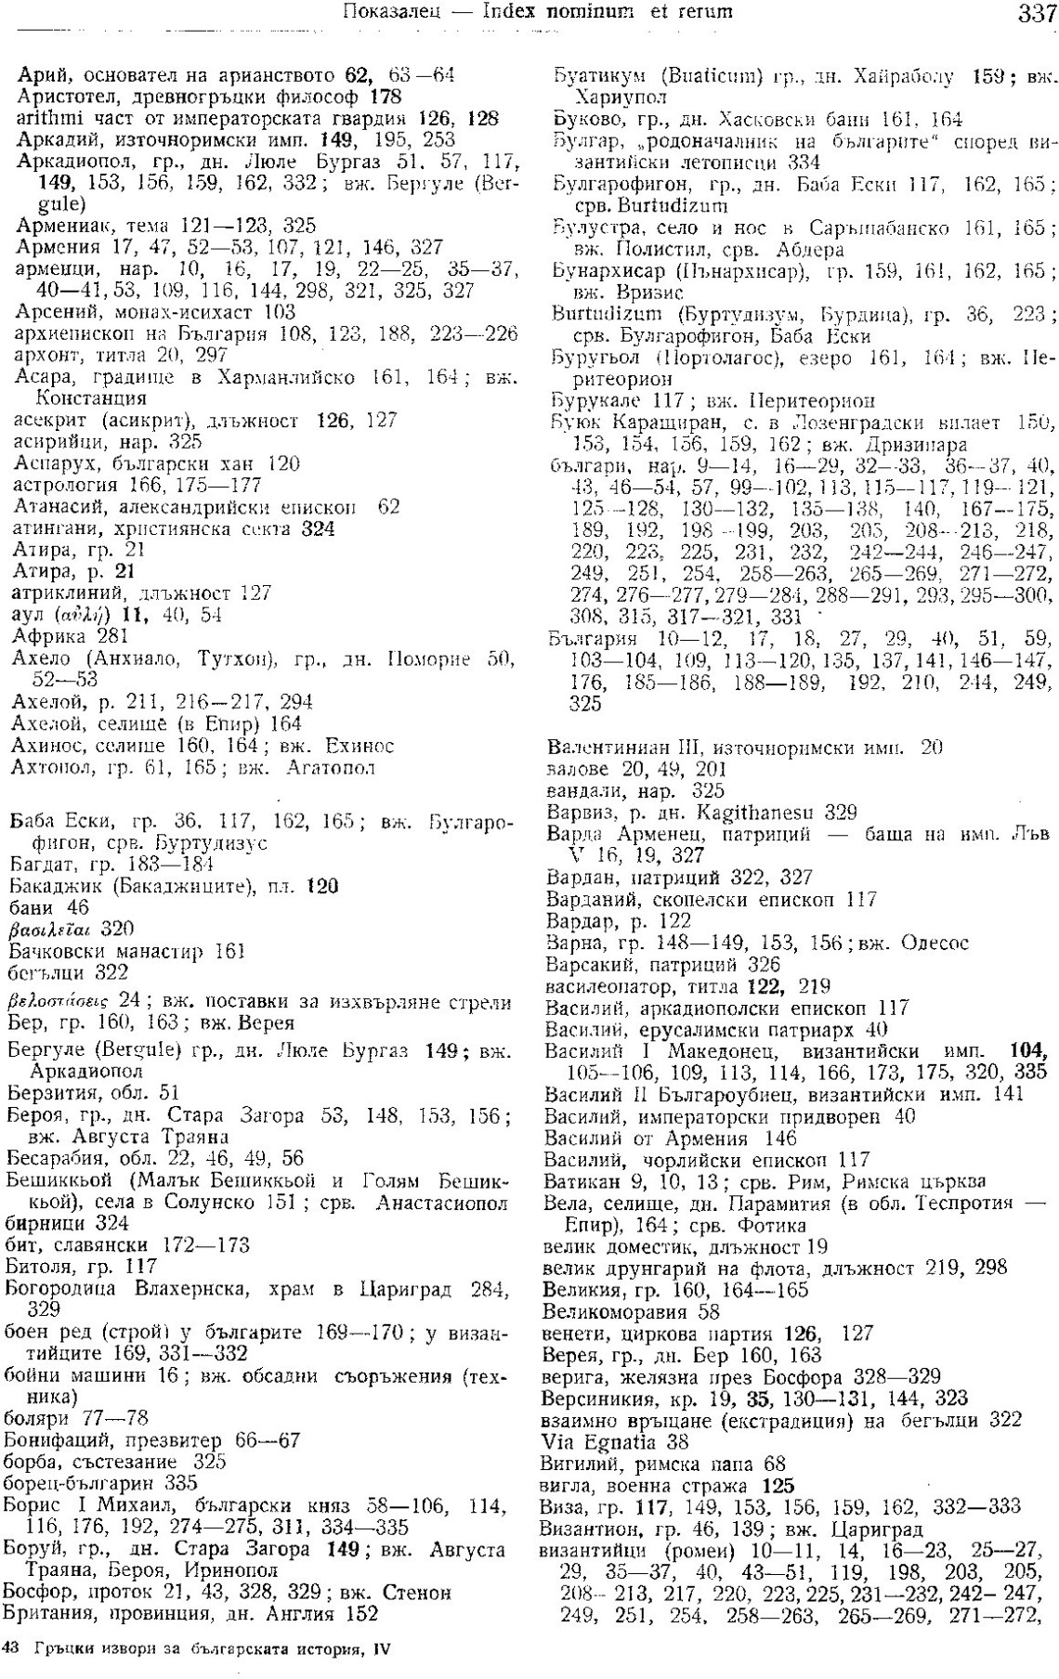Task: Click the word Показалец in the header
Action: tap(386, 12)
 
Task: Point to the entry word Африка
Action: tap(46, 636)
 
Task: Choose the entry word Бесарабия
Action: tap(55, 1158)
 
